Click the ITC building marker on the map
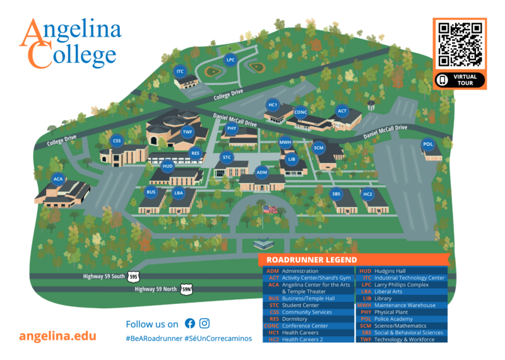(x=181, y=71)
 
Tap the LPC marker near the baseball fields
(x=230, y=60)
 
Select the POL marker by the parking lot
(x=428, y=145)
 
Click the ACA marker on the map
(x=59, y=179)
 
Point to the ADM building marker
(x=262, y=171)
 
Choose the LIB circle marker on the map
(x=292, y=159)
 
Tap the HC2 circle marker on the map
(x=368, y=194)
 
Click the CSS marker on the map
(x=117, y=141)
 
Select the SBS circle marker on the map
(x=336, y=194)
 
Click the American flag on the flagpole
(x=270, y=209)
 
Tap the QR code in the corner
(x=460, y=44)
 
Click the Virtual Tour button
(x=460, y=80)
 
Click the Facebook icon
(x=190, y=323)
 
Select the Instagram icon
(x=205, y=323)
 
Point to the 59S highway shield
(x=133, y=277)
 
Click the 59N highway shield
(x=186, y=289)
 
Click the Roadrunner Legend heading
(x=312, y=260)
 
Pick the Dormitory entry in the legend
(x=295, y=319)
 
